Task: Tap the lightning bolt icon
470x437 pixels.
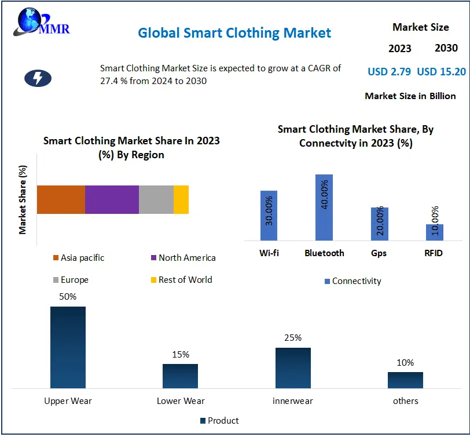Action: (x=38, y=78)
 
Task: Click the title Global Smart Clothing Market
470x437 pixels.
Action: (x=234, y=32)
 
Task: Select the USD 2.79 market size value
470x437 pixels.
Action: (x=389, y=72)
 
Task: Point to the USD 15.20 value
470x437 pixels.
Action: (x=441, y=72)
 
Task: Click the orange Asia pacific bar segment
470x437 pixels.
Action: (x=61, y=199)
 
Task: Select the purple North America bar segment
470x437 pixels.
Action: (x=112, y=199)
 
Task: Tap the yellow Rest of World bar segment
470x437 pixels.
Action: (x=181, y=199)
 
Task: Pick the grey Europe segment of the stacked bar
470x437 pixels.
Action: (x=156, y=199)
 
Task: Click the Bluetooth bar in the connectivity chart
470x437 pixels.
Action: (x=324, y=207)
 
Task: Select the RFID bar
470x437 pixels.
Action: (x=435, y=232)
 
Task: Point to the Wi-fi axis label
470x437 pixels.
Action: (x=269, y=253)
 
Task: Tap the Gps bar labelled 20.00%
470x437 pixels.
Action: (x=379, y=224)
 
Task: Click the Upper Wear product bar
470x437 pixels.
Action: (x=68, y=347)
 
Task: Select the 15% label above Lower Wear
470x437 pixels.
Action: (x=181, y=355)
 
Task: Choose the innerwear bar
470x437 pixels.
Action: (x=293, y=367)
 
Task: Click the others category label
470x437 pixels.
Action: (x=405, y=400)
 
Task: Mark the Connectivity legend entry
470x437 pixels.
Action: (x=352, y=281)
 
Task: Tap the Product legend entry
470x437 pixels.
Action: (x=219, y=421)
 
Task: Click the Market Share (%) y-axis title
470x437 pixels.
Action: (x=23, y=199)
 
